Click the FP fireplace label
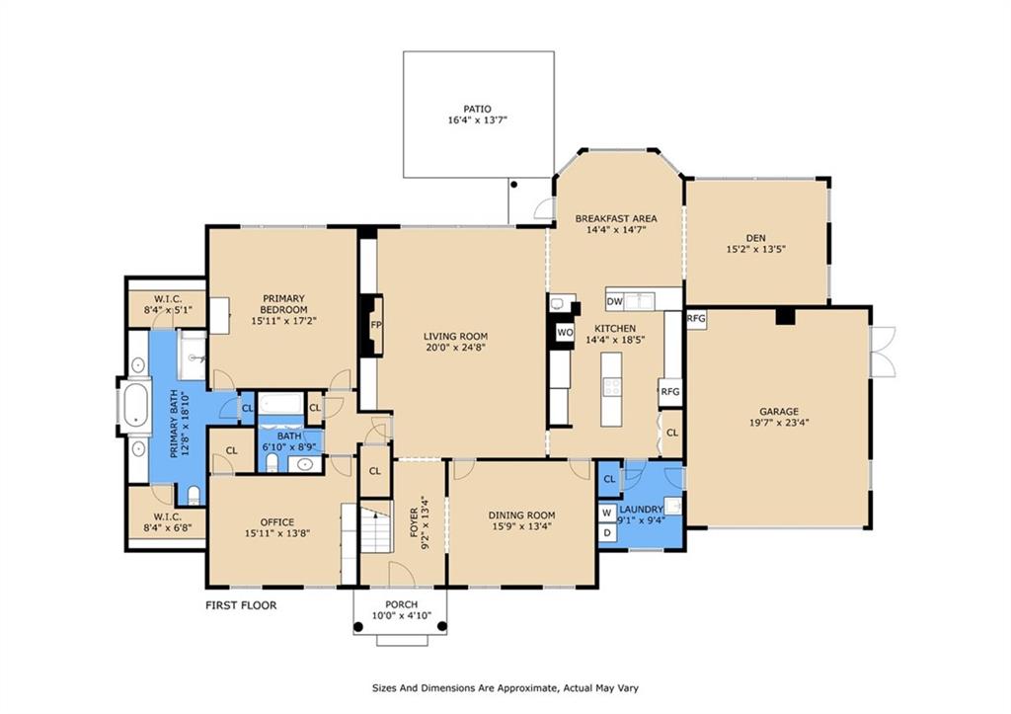click(376, 325)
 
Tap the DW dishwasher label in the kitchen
click(614, 301)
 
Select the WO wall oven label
click(565, 333)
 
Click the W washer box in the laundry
click(607, 514)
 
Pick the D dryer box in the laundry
click(607, 533)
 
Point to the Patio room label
click(477, 109)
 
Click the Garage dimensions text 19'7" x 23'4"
click(779, 423)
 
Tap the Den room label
click(755, 238)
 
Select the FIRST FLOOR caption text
click(241, 605)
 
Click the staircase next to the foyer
click(376, 530)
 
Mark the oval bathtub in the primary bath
click(134, 406)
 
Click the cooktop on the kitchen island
click(611, 388)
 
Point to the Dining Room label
click(521, 516)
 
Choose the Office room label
click(277, 521)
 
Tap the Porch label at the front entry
click(402, 604)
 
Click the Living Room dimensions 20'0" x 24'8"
click(455, 347)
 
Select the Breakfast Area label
click(616, 218)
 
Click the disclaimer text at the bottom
click(505, 688)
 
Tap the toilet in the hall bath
click(272, 462)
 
